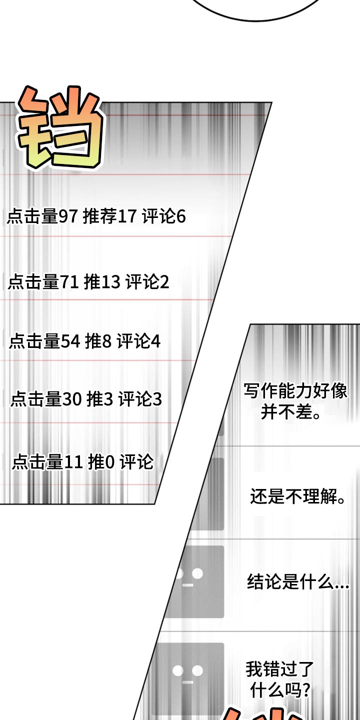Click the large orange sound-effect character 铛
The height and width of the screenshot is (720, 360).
(60, 127)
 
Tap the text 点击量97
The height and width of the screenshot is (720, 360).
(42, 216)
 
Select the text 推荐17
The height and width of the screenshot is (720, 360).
(110, 216)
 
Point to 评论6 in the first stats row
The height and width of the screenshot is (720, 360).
(164, 216)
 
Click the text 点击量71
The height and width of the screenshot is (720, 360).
(43, 282)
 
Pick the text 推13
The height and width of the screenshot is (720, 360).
(102, 282)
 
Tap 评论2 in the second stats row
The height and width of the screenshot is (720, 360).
(147, 282)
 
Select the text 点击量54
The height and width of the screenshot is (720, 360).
(44, 341)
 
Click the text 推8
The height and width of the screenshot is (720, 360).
(98, 341)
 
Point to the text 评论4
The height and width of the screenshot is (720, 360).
(138, 341)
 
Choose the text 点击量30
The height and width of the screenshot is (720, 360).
(46, 399)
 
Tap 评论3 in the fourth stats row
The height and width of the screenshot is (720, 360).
(140, 399)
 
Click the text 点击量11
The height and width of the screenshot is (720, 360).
(47, 462)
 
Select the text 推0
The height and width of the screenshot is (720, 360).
(101, 462)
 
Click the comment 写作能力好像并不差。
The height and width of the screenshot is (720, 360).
(295, 401)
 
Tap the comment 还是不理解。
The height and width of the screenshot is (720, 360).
(298, 496)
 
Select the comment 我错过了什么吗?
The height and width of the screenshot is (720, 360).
(279, 679)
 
